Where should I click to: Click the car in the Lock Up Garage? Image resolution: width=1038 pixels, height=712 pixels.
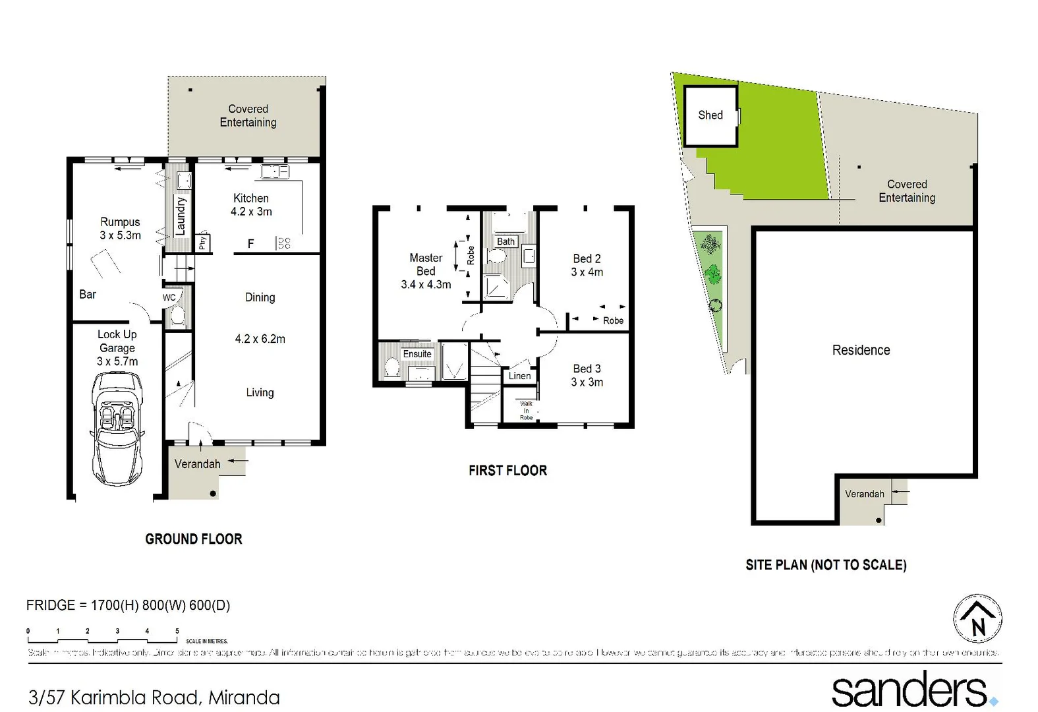pyautogui.click(x=117, y=429)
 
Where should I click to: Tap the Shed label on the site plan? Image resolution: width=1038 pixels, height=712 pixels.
pyautogui.click(x=710, y=115)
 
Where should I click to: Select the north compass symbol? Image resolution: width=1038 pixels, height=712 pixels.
pyautogui.click(x=978, y=620)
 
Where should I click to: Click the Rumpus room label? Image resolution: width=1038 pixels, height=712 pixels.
pyautogui.click(x=120, y=229)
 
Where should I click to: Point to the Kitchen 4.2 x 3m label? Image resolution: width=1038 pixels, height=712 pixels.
pyautogui.click(x=251, y=205)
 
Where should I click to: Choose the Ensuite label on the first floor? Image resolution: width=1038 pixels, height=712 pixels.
pyautogui.click(x=417, y=354)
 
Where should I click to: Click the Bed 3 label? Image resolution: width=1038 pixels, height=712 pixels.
pyautogui.click(x=587, y=375)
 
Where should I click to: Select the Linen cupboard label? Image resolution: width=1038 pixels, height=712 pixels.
pyautogui.click(x=519, y=376)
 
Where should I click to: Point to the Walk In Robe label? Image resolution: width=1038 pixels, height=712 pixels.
pyautogui.click(x=526, y=411)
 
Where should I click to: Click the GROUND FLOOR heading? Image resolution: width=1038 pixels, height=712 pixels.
pyautogui.click(x=194, y=539)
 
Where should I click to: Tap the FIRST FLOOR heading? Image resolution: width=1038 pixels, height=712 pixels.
pyautogui.click(x=507, y=471)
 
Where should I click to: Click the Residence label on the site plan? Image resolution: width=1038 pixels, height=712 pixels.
pyautogui.click(x=861, y=350)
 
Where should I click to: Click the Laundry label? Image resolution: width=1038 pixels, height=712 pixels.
pyautogui.click(x=181, y=216)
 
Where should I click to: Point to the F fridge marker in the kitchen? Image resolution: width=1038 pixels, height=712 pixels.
pyautogui.click(x=250, y=244)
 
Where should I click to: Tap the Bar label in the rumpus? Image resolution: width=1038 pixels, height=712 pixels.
pyautogui.click(x=88, y=295)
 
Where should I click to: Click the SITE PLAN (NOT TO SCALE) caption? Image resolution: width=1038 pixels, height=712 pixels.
pyautogui.click(x=826, y=565)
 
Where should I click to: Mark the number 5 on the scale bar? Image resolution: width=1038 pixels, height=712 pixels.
pyautogui.click(x=177, y=631)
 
